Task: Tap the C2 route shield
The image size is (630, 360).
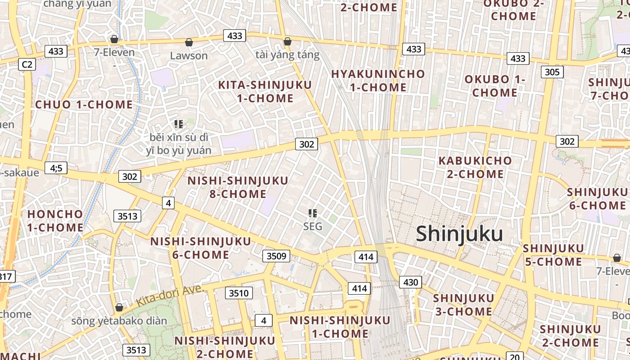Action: (27, 65)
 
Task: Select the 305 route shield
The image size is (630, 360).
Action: (552, 72)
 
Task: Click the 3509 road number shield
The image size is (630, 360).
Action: (276, 256)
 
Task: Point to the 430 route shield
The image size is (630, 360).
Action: (410, 283)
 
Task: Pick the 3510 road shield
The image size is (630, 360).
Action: (238, 293)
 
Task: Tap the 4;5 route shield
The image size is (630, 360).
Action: (56, 168)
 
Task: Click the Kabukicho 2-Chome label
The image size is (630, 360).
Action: (475, 167)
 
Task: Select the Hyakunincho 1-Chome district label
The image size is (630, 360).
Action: (378, 81)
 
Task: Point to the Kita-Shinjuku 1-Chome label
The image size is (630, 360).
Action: (265, 91)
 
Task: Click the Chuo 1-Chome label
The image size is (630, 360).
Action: (84, 105)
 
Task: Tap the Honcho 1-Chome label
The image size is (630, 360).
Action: (55, 220)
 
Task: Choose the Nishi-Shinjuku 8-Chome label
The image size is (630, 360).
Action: (238, 187)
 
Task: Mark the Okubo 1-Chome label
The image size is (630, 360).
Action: (495, 86)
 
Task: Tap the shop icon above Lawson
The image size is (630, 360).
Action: (189, 42)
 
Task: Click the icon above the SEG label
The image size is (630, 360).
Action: (313, 213)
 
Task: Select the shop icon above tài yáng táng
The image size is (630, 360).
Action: (288, 41)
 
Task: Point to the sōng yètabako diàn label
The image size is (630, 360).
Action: (119, 321)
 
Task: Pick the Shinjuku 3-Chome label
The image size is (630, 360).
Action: (463, 305)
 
